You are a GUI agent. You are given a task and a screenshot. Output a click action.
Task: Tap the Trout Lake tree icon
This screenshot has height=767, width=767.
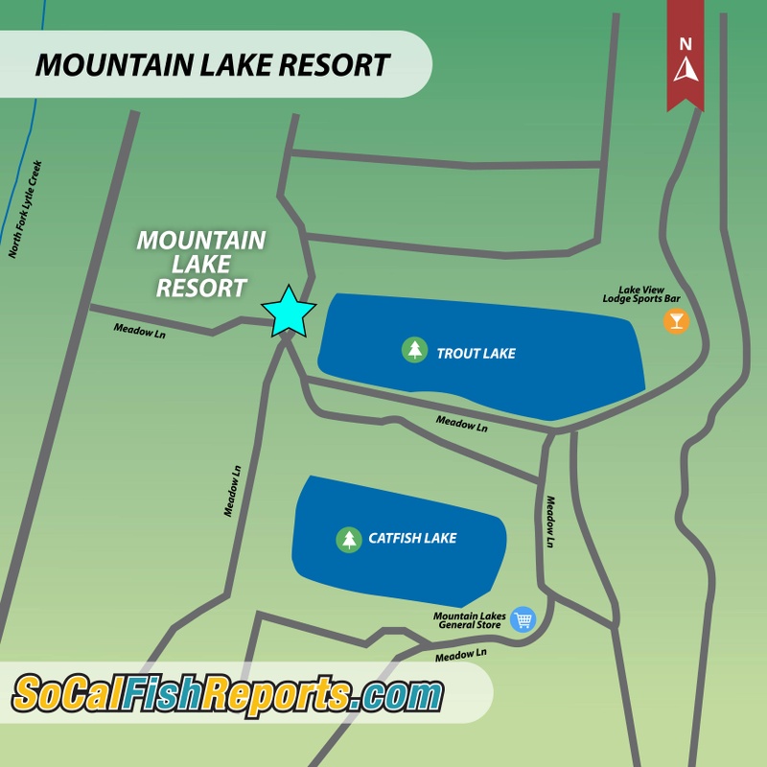pos(414,350)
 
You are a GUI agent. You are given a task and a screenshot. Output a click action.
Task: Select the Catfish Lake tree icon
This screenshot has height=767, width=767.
pos(347,539)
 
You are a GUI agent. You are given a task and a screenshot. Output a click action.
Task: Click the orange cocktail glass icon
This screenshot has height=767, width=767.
pos(676,320)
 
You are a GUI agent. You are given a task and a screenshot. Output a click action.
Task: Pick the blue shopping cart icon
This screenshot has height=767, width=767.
pos(523,619)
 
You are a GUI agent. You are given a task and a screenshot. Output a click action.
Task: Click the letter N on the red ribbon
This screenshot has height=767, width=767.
pos(685,43)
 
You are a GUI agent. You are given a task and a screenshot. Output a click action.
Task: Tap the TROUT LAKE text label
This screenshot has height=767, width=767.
pos(476,354)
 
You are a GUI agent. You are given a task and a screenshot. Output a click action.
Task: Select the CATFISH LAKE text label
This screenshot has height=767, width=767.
pos(412,539)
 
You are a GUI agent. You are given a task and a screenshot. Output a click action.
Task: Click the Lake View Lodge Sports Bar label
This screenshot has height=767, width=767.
pos(634,293)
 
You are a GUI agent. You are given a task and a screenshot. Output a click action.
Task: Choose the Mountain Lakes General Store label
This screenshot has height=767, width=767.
pos(470,622)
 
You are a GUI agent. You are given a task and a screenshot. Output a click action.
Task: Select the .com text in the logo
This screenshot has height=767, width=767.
pos(399,693)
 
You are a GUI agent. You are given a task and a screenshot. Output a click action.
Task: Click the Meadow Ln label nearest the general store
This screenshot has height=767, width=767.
pos(461,655)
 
